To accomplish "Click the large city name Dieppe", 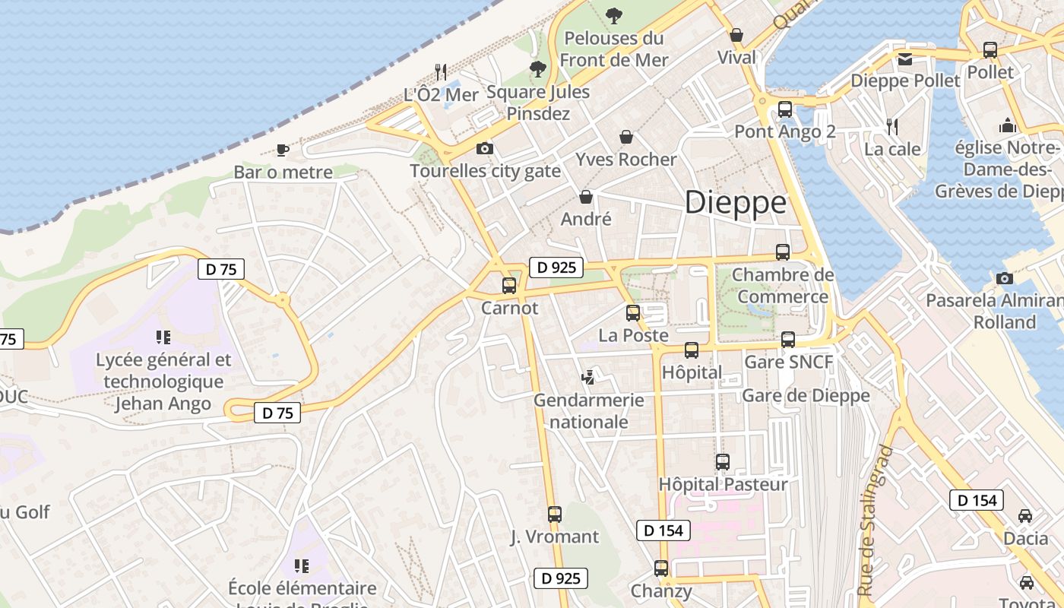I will coord(735,203).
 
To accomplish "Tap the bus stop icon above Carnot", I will coord(509,286).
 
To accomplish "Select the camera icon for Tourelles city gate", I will coord(484,148).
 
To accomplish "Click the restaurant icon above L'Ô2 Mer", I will coord(441,71).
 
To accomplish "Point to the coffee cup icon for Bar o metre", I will coord(283,150).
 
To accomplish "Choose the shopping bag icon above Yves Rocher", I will coord(626,137).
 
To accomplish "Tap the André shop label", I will coord(586,219).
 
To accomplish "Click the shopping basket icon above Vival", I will coord(736,35).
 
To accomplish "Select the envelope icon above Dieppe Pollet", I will coord(905,59).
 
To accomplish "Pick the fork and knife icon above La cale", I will coord(892,126).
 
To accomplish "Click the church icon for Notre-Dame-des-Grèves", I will coord(1008,125).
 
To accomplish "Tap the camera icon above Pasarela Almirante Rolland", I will coord(1004,278).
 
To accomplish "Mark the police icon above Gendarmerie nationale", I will coord(587,376).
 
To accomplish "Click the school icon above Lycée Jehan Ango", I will coord(163,337).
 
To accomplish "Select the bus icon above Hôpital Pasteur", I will coord(723,461).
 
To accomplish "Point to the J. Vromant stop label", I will coord(555,537).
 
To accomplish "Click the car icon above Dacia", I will coord(1025,515).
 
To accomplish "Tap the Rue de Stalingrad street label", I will coord(875,521).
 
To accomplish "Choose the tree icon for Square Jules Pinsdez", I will coord(538,70).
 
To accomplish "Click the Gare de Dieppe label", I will coord(806,395).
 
